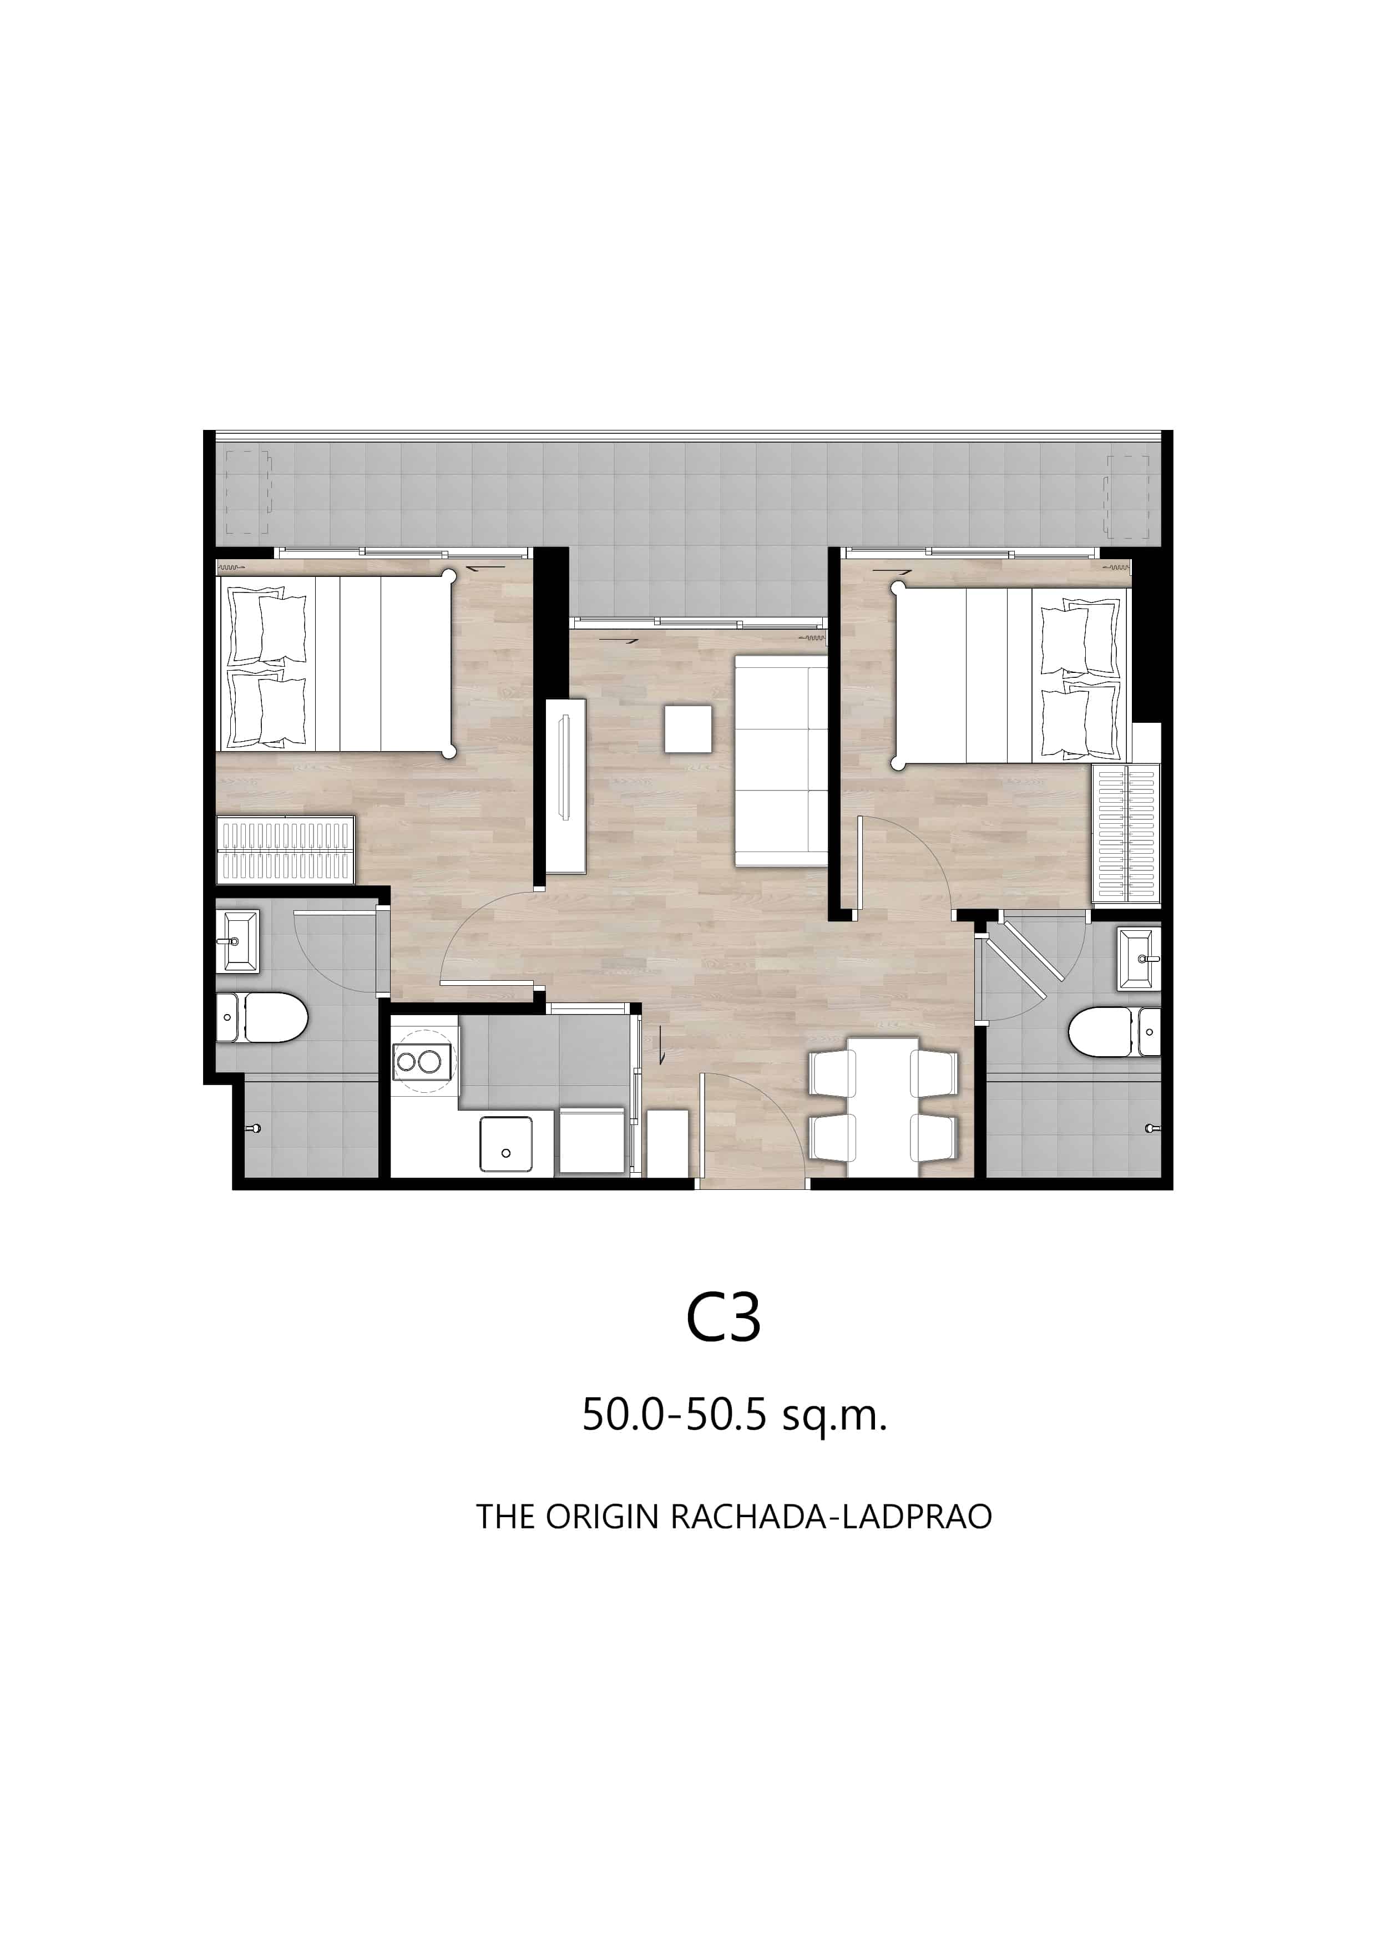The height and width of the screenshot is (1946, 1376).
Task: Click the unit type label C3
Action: pos(722,1318)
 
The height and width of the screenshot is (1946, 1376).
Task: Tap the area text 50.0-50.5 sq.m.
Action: pos(734,1413)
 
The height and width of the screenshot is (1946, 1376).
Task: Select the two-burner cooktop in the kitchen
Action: pos(422,1061)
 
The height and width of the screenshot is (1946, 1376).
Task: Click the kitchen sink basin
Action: pos(505,1144)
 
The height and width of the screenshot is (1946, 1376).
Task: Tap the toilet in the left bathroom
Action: pos(264,1018)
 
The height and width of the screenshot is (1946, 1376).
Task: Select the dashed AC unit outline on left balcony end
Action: pos(247,493)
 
